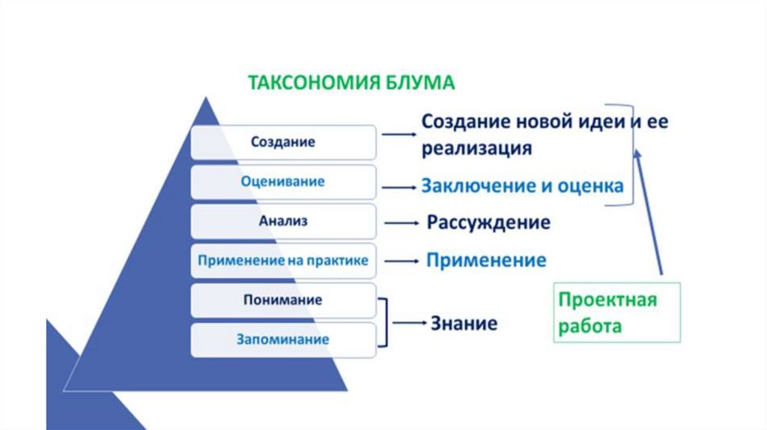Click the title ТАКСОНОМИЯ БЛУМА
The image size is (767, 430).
point(351,82)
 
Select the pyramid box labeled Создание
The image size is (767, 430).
point(283,142)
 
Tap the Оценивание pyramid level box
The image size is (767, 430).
point(283,181)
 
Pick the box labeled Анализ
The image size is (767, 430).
point(283,222)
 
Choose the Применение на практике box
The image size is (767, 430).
point(283,261)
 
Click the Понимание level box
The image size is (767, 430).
point(283,300)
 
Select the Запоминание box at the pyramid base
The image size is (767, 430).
point(283,339)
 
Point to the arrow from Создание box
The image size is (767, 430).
point(398,135)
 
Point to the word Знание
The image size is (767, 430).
point(464,324)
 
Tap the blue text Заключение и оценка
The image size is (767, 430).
point(522,186)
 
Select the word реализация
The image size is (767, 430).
point(476,148)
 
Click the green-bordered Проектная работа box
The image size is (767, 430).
point(616,312)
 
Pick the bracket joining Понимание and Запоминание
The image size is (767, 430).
point(384,322)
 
